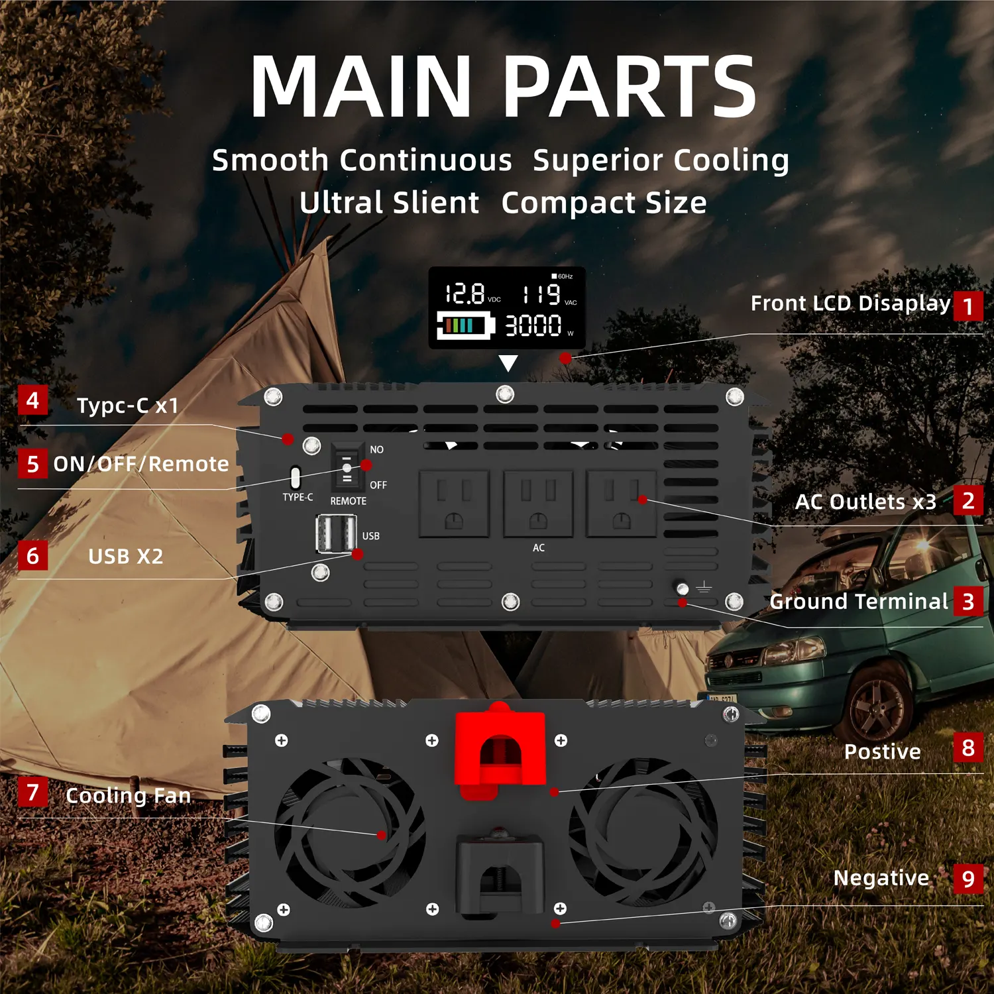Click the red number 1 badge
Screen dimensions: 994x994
tap(967, 305)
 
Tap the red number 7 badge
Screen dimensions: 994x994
tap(32, 792)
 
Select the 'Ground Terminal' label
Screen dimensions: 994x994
tap(859, 601)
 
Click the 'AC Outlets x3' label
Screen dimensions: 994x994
tap(865, 502)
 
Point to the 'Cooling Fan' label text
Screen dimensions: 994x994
tap(129, 795)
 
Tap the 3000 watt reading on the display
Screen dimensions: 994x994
tap(533, 325)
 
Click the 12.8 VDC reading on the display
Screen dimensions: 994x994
tap(465, 294)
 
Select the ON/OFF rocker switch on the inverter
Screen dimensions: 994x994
tap(347, 467)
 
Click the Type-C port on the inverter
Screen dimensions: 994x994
tap(296, 477)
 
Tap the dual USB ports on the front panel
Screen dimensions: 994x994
tap(336, 533)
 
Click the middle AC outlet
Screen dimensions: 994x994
tap(538, 504)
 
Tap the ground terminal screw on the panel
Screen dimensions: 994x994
tap(682, 588)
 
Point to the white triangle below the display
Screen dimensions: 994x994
tap(508, 363)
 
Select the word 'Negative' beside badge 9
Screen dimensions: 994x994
tap(881, 878)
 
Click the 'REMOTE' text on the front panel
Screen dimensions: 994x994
tap(349, 501)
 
